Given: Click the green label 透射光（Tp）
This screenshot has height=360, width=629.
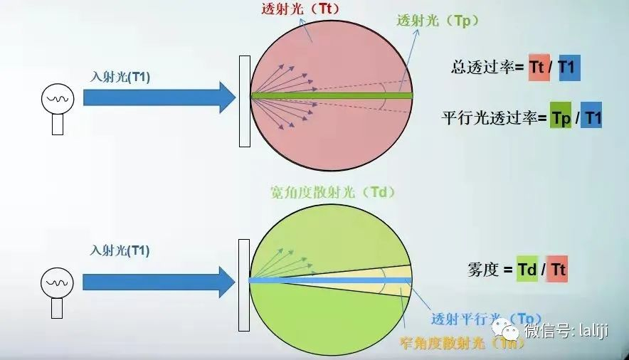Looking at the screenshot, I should pyautogui.click(x=438, y=21).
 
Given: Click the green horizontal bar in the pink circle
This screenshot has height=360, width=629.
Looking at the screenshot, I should pyautogui.click(x=332, y=95).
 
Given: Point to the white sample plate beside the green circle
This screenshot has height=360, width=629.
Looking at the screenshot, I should pyautogui.click(x=245, y=285).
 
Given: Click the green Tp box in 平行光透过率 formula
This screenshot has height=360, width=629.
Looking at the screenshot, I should pyautogui.click(x=561, y=117).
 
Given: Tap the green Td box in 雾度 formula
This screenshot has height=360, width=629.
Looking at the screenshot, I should pyautogui.click(x=527, y=270).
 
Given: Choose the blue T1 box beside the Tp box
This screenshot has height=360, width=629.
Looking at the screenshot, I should pyautogui.click(x=591, y=117).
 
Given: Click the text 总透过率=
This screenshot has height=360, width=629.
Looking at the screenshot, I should pyautogui.click(x=487, y=68).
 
